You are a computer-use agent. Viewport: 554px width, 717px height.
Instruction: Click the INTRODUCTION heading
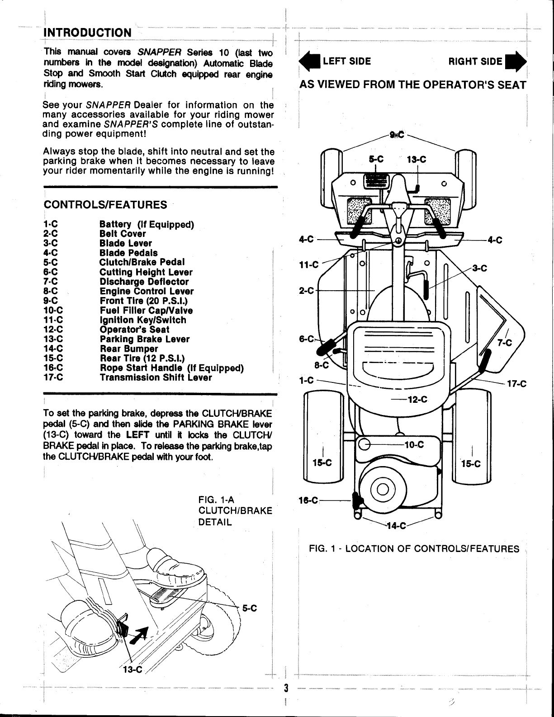[x=87, y=33]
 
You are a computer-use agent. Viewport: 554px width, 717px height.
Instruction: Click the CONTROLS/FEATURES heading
[x=105, y=205]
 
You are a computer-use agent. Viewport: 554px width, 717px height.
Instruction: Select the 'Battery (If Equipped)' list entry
[x=147, y=225]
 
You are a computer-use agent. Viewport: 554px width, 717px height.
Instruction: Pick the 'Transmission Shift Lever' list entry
[x=156, y=377]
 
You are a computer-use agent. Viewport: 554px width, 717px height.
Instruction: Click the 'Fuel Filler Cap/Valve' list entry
[x=146, y=311]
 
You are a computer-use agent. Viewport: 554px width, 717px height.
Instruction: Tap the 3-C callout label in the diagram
[x=479, y=269]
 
